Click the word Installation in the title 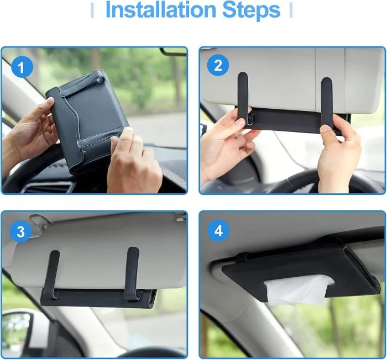(161, 10)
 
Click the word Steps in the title (251, 10)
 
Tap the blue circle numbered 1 (22, 67)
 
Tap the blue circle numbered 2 (218, 65)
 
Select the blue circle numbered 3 (21, 231)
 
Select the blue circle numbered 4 (218, 231)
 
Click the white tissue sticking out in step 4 (298, 290)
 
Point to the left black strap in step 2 (243, 99)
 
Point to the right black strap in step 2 (327, 104)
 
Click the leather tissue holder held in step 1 (88, 121)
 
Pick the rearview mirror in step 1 (173, 51)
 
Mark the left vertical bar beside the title (92, 10)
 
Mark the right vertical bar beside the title (291, 10)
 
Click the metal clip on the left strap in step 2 (251, 120)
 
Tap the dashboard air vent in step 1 (47, 187)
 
